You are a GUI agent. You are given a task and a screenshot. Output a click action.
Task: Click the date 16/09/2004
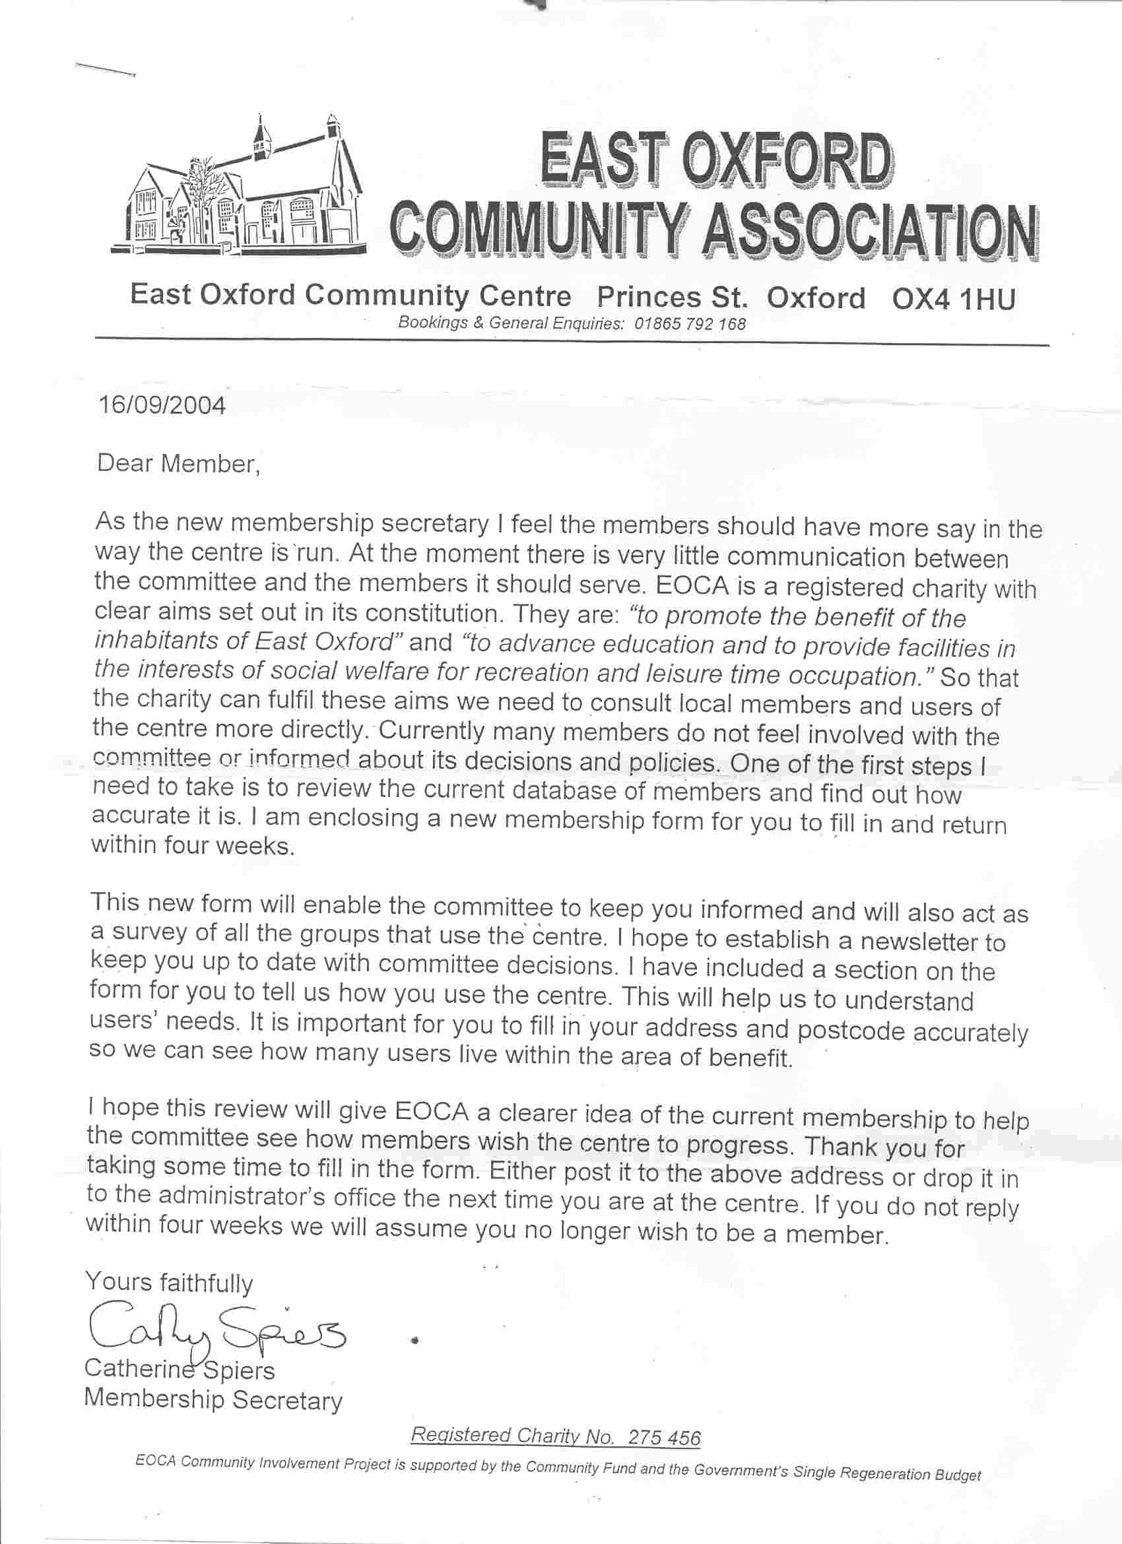pos(161,406)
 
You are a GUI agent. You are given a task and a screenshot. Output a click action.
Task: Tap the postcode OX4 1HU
pos(953,299)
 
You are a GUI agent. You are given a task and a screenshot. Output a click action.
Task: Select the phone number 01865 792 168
pos(690,324)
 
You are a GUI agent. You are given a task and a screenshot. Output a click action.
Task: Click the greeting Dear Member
pos(178,465)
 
